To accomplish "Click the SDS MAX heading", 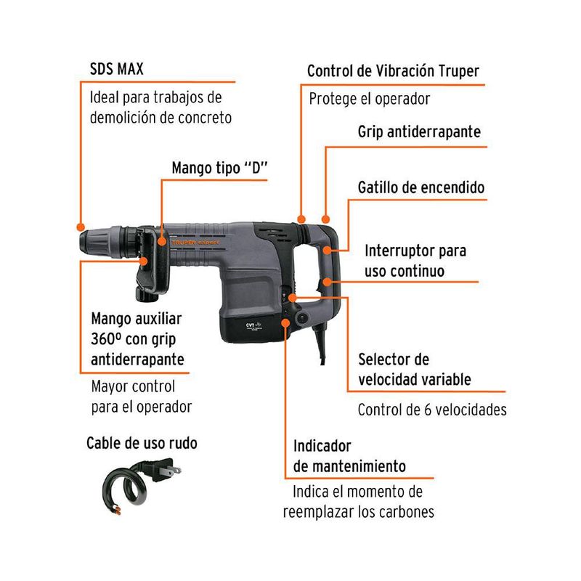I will [116, 70].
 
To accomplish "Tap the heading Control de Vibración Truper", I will [393, 71].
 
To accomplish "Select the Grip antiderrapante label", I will [419, 132].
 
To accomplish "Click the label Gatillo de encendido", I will [420, 187].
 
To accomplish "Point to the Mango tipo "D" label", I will [220, 168].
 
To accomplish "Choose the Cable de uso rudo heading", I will [142, 442].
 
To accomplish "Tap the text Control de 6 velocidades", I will [432, 410].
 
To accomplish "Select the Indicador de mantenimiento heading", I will [349, 455].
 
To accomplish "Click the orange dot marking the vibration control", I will [301, 217].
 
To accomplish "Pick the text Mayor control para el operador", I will [142, 397].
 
